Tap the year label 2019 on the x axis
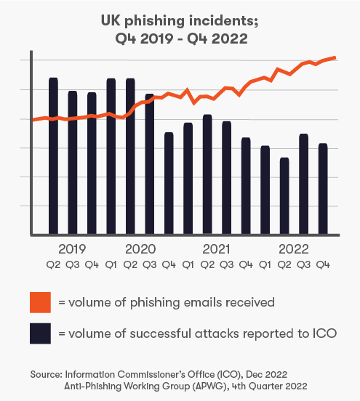71,249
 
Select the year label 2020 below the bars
140,249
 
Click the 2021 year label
217,249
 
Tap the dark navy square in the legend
39,333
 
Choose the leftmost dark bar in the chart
53,156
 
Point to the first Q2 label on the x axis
53,265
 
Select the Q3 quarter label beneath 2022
304,265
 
